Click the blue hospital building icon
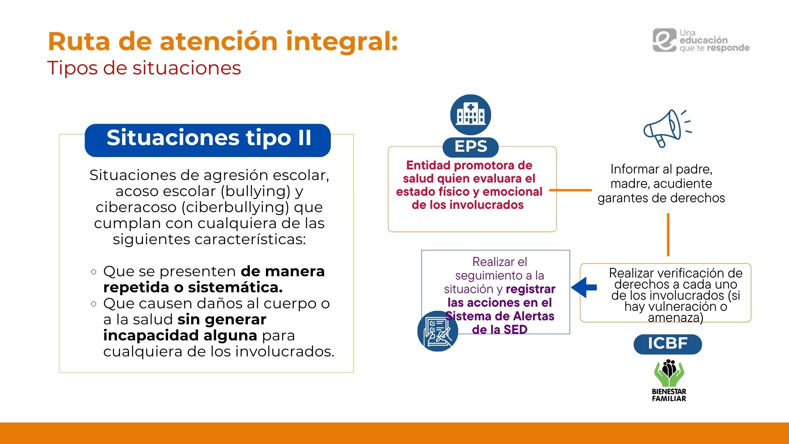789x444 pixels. (x=471, y=115)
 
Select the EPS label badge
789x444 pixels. (x=471, y=146)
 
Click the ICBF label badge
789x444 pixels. (x=668, y=344)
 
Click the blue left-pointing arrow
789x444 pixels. (x=584, y=287)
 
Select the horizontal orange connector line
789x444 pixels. (x=570, y=190)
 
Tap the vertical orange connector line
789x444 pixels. (x=668, y=235)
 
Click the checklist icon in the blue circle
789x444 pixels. (x=438, y=331)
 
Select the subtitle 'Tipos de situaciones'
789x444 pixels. (x=144, y=68)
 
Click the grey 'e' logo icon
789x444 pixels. (x=664, y=40)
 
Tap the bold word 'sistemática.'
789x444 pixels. (x=235, y=287)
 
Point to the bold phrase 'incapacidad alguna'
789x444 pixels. (x=180, y=335)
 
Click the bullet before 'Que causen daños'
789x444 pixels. (x=94, y=304)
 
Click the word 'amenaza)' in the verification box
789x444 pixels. (x=676, y=317)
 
